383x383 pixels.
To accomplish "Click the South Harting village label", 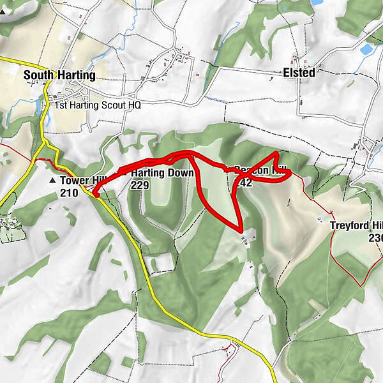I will (x=59, y=75).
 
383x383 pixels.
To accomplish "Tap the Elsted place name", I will (x=299, y=73).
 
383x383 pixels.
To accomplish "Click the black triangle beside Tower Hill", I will (x=52, y=181).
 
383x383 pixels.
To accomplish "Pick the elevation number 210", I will (x=69, y=193).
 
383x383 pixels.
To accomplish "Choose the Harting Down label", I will (x=161, y=173).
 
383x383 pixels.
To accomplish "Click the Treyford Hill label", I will (x=356, y=225).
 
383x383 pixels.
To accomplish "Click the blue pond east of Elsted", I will (x=366, y=49).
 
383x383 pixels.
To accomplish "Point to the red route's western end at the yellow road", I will (x=96, y=195).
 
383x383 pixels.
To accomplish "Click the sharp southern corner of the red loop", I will (x=240, y=230).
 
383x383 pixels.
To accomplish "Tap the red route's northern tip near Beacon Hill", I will (x=275, y=154).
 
